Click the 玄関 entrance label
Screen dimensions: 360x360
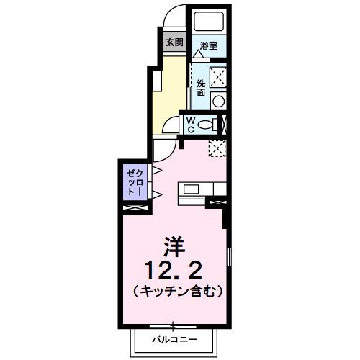[174, 42]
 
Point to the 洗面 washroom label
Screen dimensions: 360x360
[201, 88]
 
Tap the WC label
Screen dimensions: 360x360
[190, 125]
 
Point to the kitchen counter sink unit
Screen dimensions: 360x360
[201, 190]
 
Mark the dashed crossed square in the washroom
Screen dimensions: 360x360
[217, 75]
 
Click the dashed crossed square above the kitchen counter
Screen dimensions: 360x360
[217, 148]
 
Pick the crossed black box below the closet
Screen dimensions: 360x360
[135, 207]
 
